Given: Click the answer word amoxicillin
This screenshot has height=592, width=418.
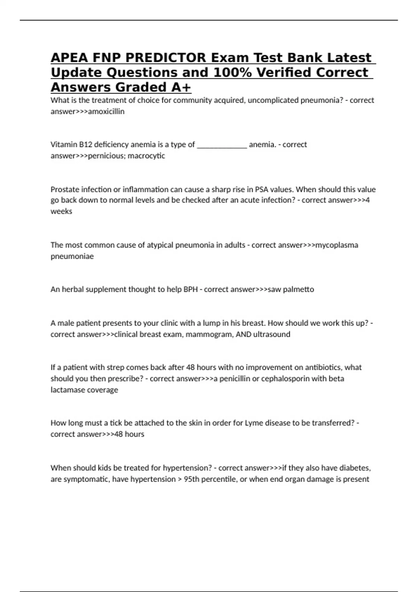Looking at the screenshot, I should pyautogui.click(x=106, y=111).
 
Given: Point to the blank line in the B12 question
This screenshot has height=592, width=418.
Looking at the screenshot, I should pyautogui.click(x=222, y=145).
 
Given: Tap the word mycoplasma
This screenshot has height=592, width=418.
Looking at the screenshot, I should pyautogui.click(x=336, y=245).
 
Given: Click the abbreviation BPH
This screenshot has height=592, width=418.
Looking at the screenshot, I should pyautogui.click(x=191, y=289).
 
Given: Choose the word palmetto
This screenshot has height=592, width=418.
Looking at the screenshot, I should pyautogui.click(x=298, y=289).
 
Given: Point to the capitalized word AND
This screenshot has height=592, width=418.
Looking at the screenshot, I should pyautogui.click(x=243, y=334).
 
